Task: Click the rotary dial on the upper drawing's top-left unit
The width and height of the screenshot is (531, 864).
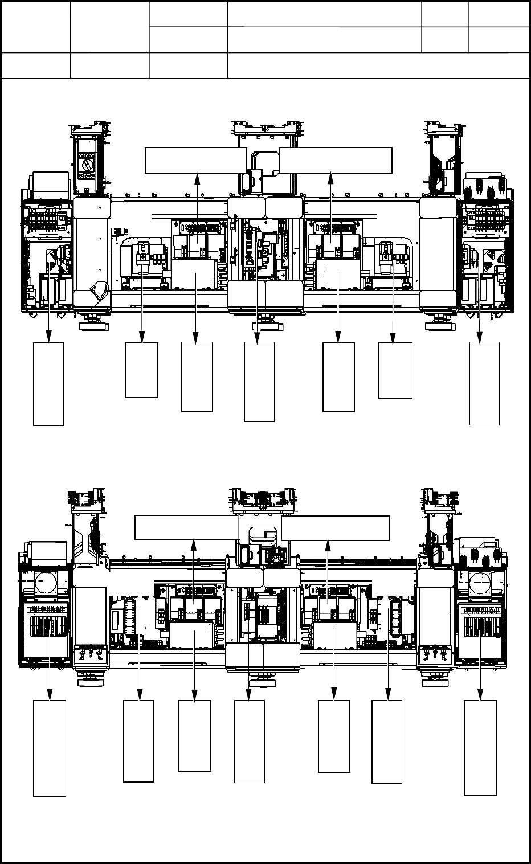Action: point(87,165)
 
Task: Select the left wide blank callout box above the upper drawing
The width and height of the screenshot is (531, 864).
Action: point(196,159)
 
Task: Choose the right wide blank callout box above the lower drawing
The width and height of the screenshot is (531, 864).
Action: point(335,528)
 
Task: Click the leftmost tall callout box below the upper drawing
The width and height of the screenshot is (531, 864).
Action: point(48,383)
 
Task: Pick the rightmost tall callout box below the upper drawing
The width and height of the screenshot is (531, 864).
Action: point(484,383)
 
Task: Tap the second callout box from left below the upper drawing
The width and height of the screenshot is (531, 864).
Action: point(141,370)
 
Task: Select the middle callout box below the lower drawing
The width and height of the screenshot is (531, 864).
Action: point(250,741)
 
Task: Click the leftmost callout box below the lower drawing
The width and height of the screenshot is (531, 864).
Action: point(50,748)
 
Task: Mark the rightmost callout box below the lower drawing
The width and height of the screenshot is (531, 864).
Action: point(480,747)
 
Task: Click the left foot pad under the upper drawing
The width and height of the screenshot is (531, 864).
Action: point(93,326)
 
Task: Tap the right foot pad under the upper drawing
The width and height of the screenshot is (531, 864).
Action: point(440,326)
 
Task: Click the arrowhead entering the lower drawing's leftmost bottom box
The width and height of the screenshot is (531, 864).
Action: point(50,696)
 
